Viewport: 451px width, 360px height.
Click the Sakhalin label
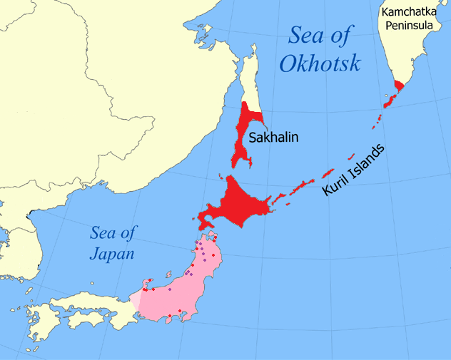click(x=273, y=136)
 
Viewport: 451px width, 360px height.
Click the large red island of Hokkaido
click(x=239, y=201)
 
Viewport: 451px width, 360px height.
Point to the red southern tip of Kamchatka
click(x=398, y=87)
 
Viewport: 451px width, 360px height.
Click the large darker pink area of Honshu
click(x=189, y=292)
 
